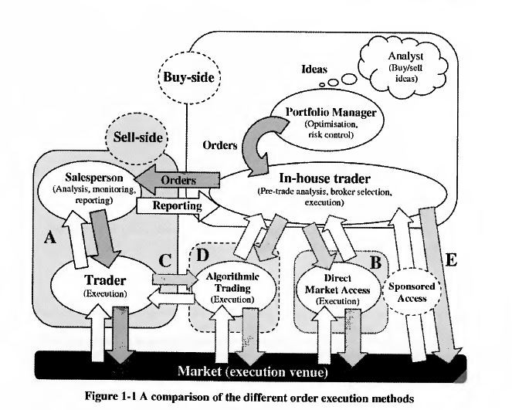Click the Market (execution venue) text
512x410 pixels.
[253, 371]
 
